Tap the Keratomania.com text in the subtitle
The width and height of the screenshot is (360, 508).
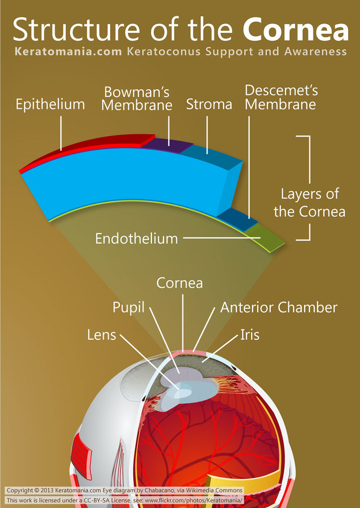(68, 52)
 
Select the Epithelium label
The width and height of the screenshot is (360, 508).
(50, 105)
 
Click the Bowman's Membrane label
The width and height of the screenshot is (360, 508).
(137, 99)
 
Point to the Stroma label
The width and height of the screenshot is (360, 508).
(209, 104)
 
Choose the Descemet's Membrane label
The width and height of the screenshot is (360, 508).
(281, 98)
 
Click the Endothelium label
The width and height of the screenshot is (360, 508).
(136, 239)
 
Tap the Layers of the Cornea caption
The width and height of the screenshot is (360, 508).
(309, 202)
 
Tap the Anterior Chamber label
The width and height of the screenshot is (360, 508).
(279, 308)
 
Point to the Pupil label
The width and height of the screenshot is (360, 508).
(128, 308)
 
